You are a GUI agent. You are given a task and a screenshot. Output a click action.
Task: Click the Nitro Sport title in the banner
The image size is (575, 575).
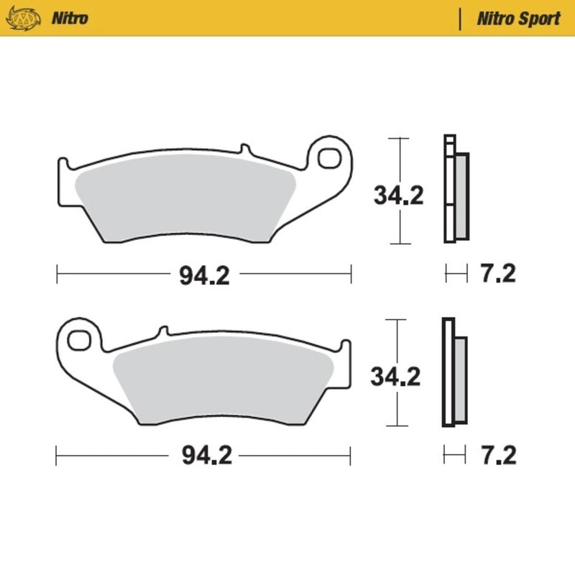click(518, 18)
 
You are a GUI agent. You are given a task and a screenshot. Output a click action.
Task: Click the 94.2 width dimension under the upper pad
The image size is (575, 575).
click(204, 275)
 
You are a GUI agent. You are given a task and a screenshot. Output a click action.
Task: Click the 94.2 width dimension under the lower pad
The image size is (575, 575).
click(204, 456)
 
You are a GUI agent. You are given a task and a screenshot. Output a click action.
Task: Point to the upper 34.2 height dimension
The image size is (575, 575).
click(397, 195)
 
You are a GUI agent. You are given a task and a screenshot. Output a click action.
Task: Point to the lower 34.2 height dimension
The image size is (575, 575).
click(395, 375)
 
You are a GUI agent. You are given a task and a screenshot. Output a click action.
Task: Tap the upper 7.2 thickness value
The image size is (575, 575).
click(499, 274)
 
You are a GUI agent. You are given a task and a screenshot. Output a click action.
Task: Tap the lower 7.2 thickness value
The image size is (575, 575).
click(499, 455)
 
